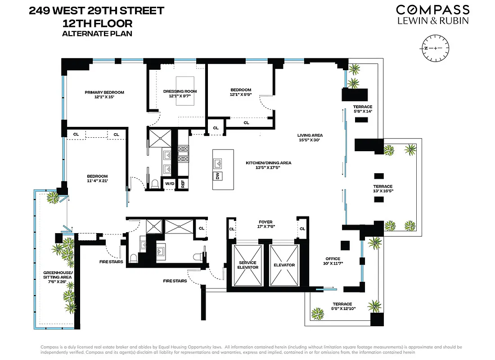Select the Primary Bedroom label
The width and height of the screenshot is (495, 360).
[x=104, y=95]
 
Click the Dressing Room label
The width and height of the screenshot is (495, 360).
[x=180, y=94]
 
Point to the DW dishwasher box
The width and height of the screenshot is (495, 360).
[x=217, y=176]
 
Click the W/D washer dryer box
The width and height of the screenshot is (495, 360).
[x=169, y=184]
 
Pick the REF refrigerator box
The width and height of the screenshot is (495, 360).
[x=183, y=184]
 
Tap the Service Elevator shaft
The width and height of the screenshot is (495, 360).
[x=247, y=265]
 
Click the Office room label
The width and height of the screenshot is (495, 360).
[x=333, y=261]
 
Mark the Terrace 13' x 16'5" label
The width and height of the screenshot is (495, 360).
[x=382, y=189]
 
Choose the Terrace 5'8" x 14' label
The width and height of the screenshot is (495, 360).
[x=362, y=109]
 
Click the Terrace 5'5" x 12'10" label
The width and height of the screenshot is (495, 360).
[x=343, y=307]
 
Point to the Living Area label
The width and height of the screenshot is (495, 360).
[x=310, y=138]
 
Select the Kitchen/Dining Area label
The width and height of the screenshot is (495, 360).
[x=269, y=165]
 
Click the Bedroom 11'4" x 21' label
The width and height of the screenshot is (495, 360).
[x=97, y=179]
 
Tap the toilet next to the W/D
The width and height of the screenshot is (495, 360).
[x=154, y=184]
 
